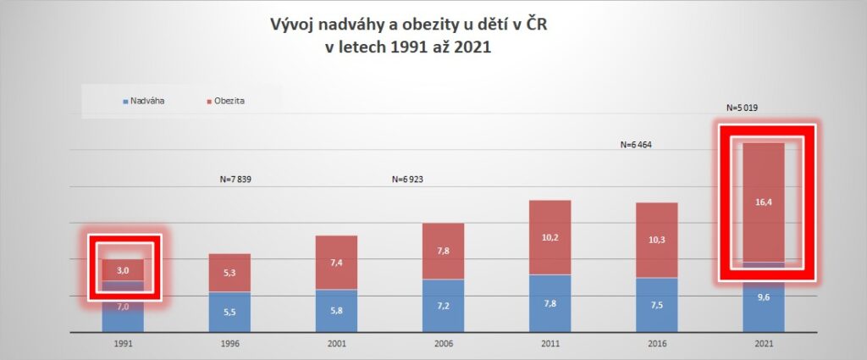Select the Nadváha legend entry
[146, 101]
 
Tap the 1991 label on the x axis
[123, 344]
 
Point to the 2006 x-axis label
[443, 344]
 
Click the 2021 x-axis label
[763, 344]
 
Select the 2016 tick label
[656, 344]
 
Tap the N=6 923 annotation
[412, 180]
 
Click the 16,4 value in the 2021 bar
[764, 202]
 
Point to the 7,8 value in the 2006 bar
[443, 251]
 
